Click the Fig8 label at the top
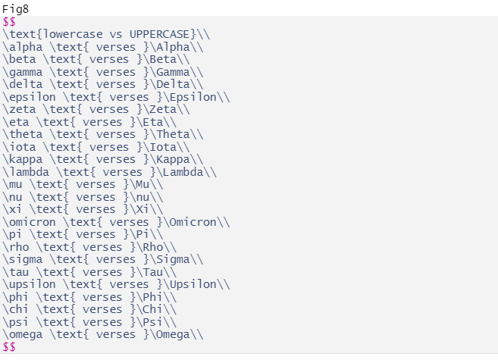[x=15, y=9]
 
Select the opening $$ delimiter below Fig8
[x=9, y=22]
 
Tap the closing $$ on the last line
[x=9, y=347]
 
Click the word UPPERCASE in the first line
[x=160, y=34]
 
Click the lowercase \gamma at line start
[x=22, y=72]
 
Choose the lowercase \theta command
[x=22, y=134]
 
